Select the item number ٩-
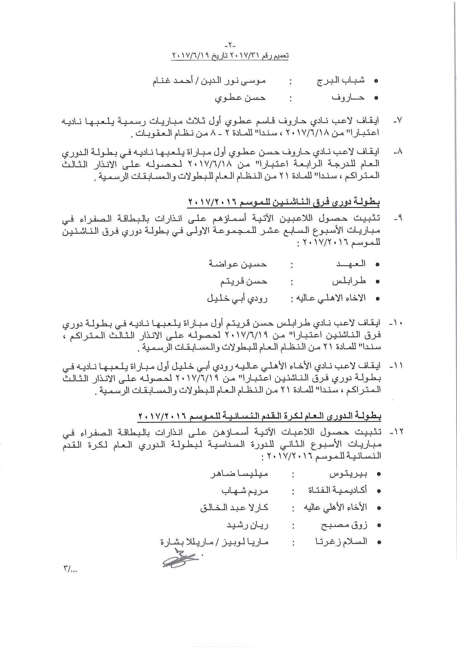tap(398, 218)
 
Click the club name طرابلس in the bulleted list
tap(349, 281)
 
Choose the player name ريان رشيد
tap(248, 526)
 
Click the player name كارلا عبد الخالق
tap(234, 508)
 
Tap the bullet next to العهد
tap(378, 264)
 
